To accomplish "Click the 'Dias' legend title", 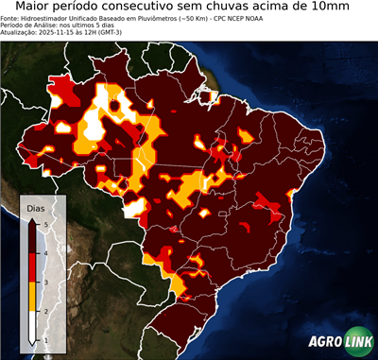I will [x=36, y=207].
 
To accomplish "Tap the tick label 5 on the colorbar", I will [x=45, y=223].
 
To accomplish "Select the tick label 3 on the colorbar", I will [x=45, y=282].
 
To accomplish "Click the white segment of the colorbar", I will [x=34, y=326].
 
